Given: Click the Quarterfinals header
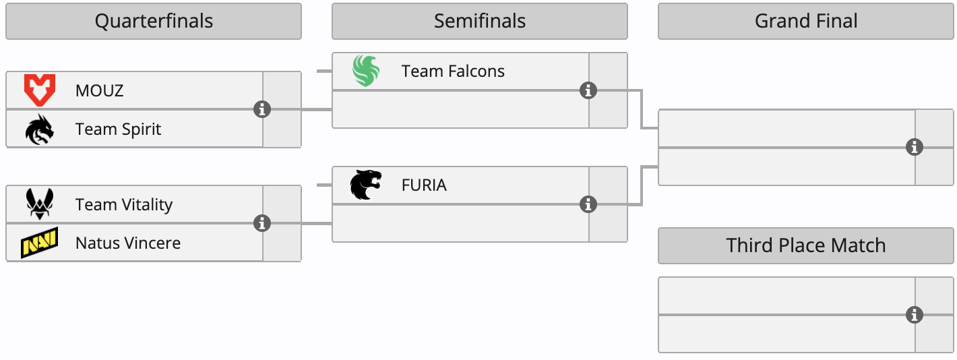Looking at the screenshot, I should pyautogui.click(x=154, y=22).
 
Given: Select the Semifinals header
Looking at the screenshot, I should pyautogui.click(x=479, y=22).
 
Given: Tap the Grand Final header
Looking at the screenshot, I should pyautogui.click(x=805, y=22).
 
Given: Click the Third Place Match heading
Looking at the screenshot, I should pyautogui.click(x=805, y=245).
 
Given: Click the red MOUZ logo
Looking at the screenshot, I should pyautogui.click(x=39, y=90).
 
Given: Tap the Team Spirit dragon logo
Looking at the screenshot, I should pyautogui.click(x=39, y=129).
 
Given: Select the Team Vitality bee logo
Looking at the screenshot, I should pyautogui.click(x=39, y=204).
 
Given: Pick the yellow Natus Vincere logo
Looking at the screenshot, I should pyautogui.click(x=39, y=243).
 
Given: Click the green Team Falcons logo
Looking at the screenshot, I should pyautogui.click(x=366, y=71).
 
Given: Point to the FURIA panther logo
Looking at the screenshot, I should pyautogui.click(x=366, y=185).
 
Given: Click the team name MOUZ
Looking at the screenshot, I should pyautogui.click(x=100, y=91).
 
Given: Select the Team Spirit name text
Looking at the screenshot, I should pyautogui.click(x=118, y=129).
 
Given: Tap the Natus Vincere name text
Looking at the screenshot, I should pyautogui.click(x=128, y=243).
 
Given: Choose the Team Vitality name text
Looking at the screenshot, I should pyautogui.click(x=124, y=205).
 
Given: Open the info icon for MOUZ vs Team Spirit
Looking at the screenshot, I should pyautogui.click(x=262, y=109).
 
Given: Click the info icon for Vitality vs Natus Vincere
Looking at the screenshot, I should pyautogui.click(x=262, y=223).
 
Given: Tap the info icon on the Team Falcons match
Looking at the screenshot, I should pyautogui.click(x=588, y=90).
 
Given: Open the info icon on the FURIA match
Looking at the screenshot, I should pyautogui.click(x=588, y=204).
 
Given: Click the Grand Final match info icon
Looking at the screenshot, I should pyautogui.click(x=915, y=147).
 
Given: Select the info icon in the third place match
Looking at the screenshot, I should pyautogui.click(x=915, y=315).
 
